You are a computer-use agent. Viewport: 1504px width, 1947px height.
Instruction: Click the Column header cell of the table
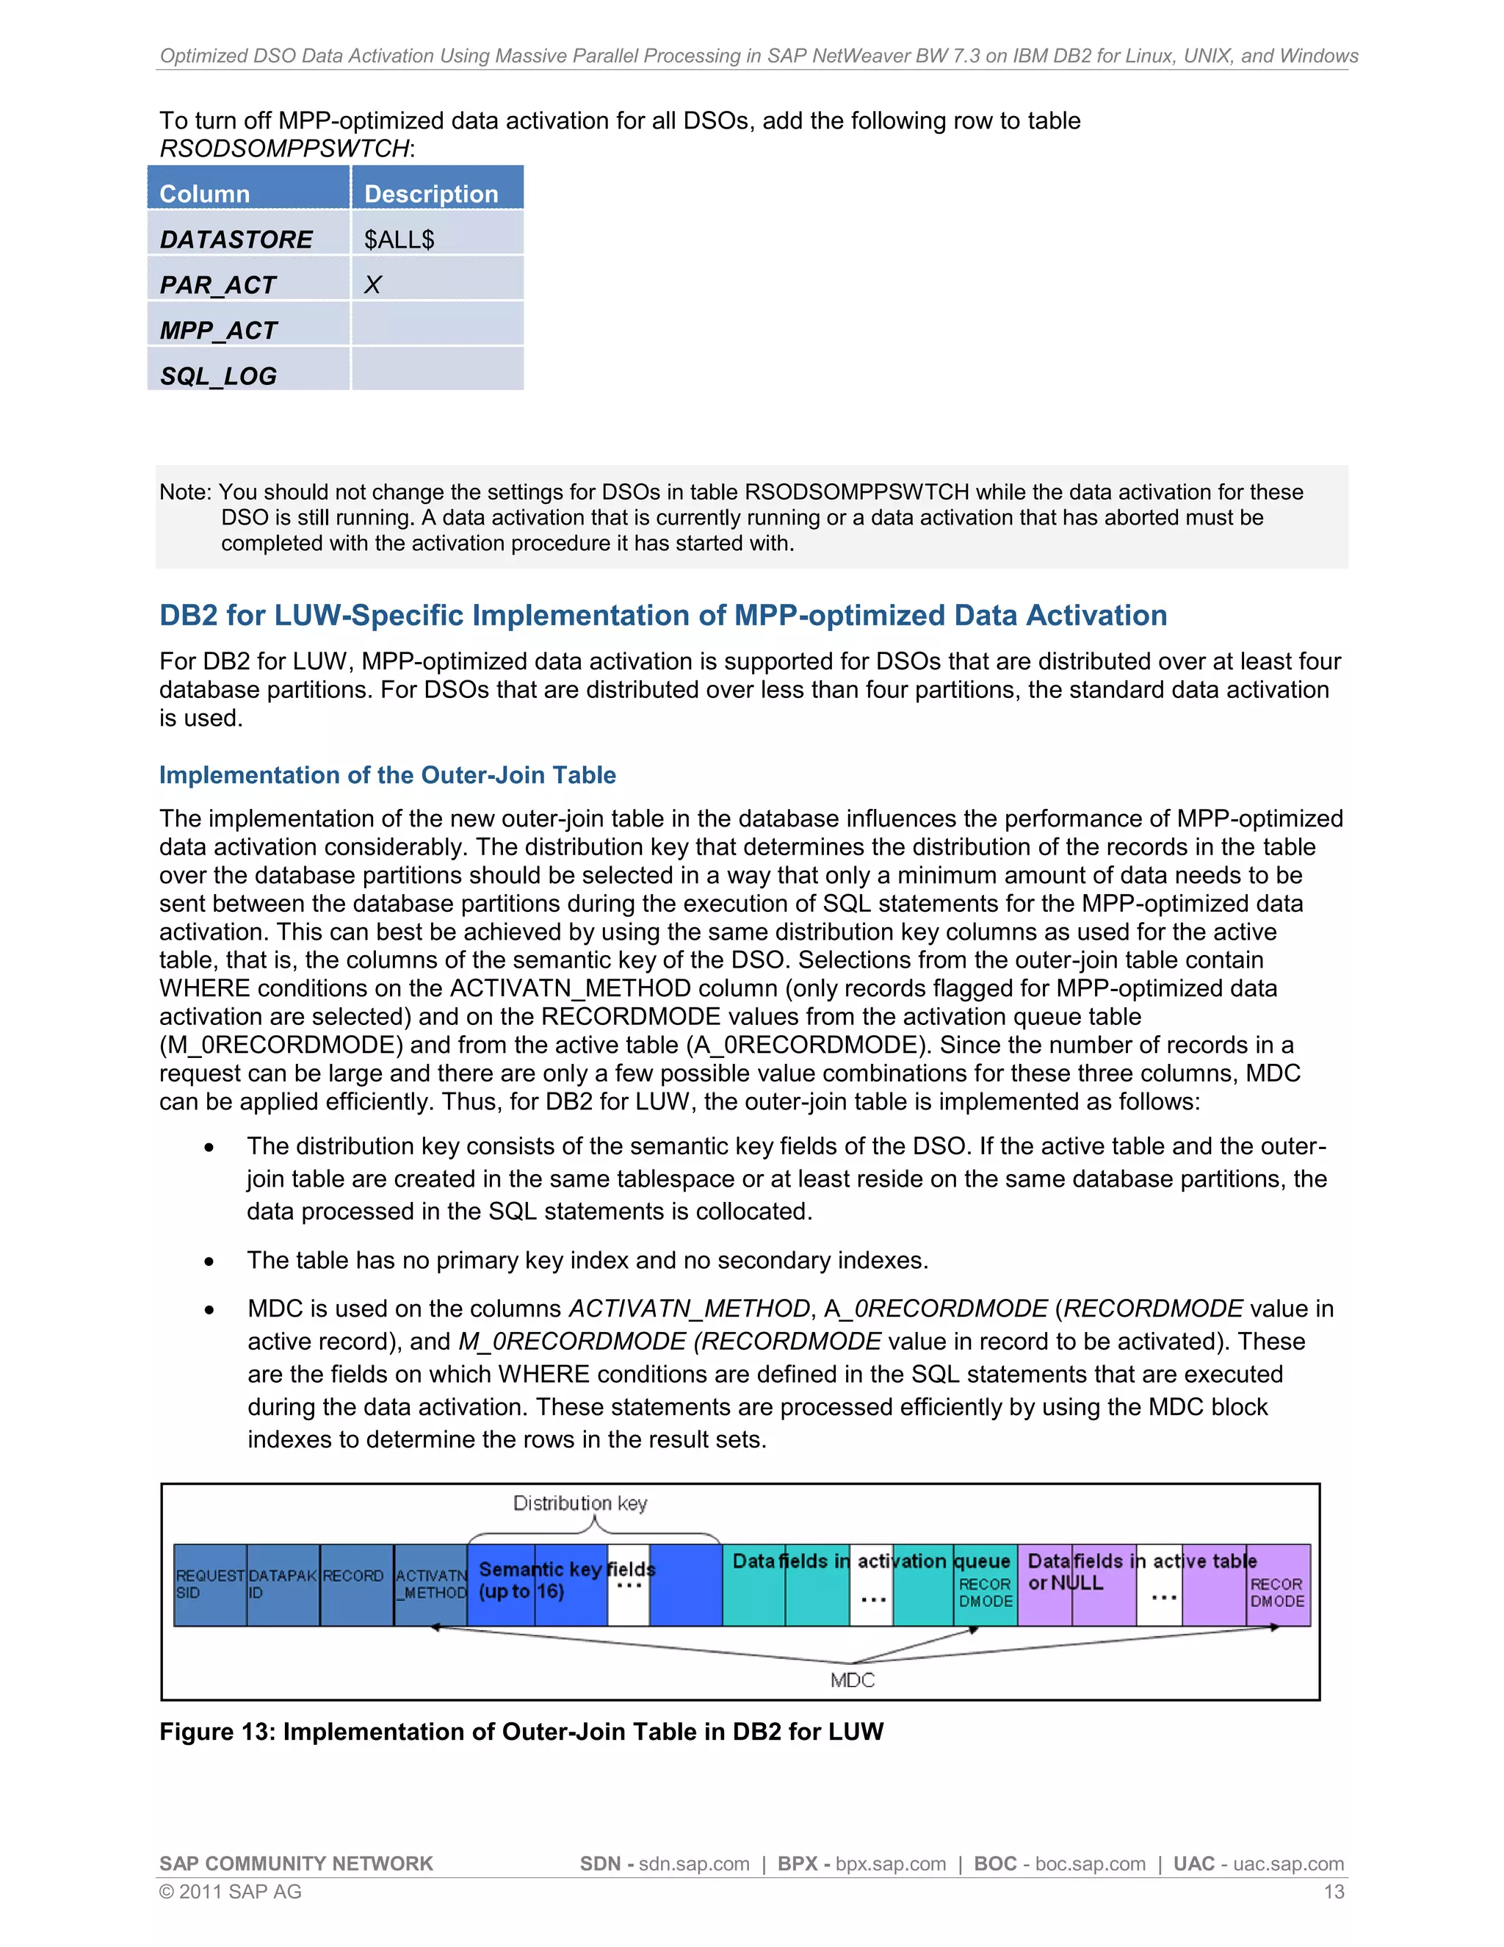click(247, 192)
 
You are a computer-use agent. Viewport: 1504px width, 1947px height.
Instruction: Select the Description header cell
click(437, 192)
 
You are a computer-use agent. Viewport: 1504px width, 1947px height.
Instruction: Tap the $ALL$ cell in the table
click(437, 238)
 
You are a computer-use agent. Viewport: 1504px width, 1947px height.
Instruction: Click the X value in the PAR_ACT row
click(373, 284)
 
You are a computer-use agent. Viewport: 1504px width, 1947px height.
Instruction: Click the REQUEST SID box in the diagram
click(209, 1584)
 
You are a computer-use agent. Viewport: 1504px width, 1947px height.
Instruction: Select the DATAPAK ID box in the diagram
click(283, 1584)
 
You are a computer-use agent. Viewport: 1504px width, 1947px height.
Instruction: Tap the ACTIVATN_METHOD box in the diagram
click(430, 1584)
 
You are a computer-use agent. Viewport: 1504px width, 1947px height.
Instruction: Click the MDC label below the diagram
click(852, 1680)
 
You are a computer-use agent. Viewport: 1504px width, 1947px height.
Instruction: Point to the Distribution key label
click(580, 1503)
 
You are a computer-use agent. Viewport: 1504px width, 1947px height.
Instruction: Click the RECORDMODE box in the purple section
click(1277, 1592)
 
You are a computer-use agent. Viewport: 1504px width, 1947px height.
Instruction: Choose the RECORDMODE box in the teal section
click(985, 1592)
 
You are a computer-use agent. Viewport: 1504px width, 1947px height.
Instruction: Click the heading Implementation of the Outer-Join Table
click(388, 774)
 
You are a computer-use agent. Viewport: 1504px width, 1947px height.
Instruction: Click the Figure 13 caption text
click(521, 1731)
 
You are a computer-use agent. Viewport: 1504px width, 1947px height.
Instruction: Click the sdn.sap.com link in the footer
click(693, 1863)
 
